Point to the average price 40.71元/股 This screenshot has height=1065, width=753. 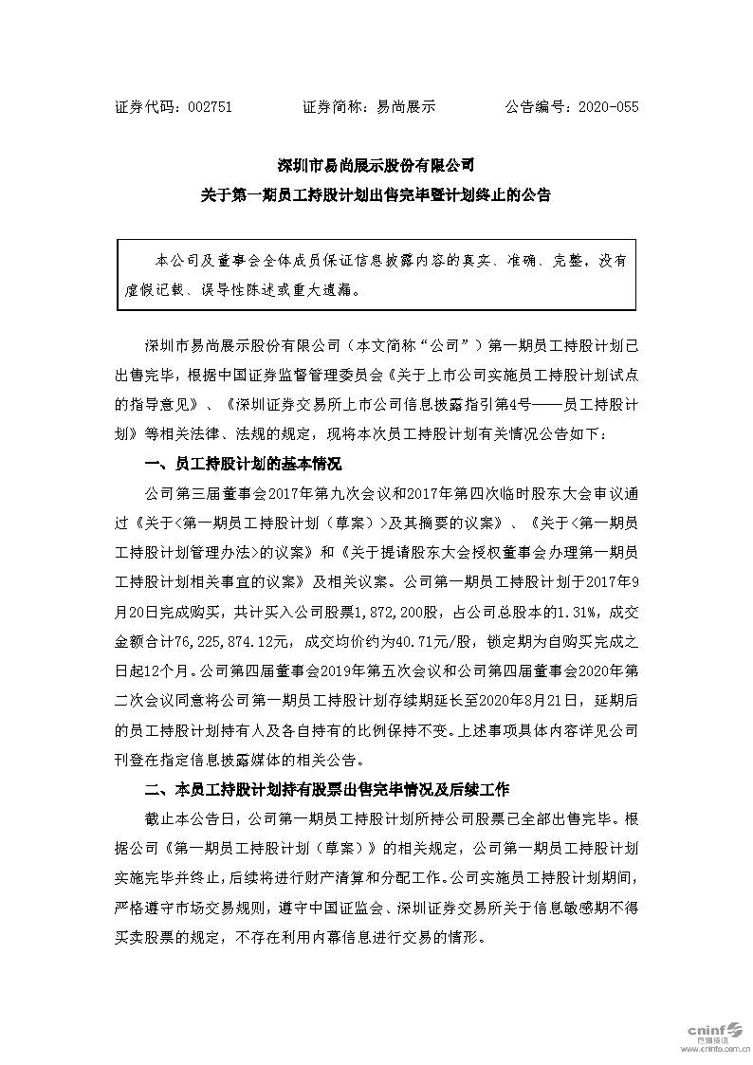pyautogui.click(x=413, y=624)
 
